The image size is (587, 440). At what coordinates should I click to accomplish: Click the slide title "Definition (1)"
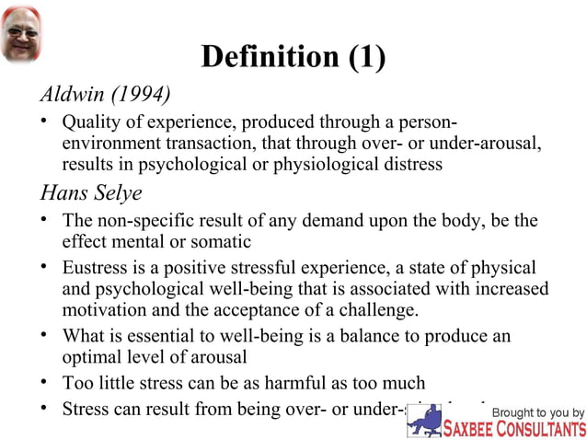coord(293,57)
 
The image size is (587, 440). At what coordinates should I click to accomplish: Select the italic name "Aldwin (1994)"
coord(105,95)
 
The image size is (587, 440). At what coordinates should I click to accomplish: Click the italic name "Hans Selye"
coord(90,194)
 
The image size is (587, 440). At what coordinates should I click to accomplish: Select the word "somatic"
coord(217,243)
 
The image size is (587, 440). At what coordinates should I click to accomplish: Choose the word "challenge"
coord(380,310)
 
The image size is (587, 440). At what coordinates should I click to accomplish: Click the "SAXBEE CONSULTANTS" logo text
coord(513,429)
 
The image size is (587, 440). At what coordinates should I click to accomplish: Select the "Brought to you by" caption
coord(537,411)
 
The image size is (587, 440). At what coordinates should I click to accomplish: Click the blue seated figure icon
coord(425,420)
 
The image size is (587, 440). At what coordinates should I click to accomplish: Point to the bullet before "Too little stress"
coord(45,382)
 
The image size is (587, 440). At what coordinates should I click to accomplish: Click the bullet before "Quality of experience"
coord(45,122)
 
